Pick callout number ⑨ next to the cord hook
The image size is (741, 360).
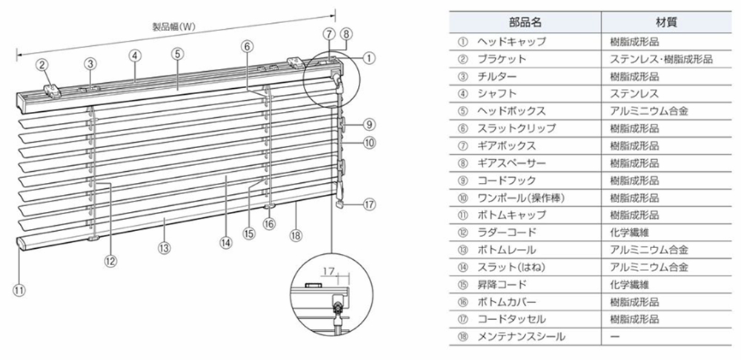click(x=369, y=124)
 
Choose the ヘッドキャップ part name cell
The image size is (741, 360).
click(x=511, y=42)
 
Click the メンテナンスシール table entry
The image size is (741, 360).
click(x=521, y=336)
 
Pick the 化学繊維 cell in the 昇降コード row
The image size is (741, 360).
click(x=630, y=284)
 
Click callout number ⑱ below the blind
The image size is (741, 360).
click(x=296, y=235)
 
